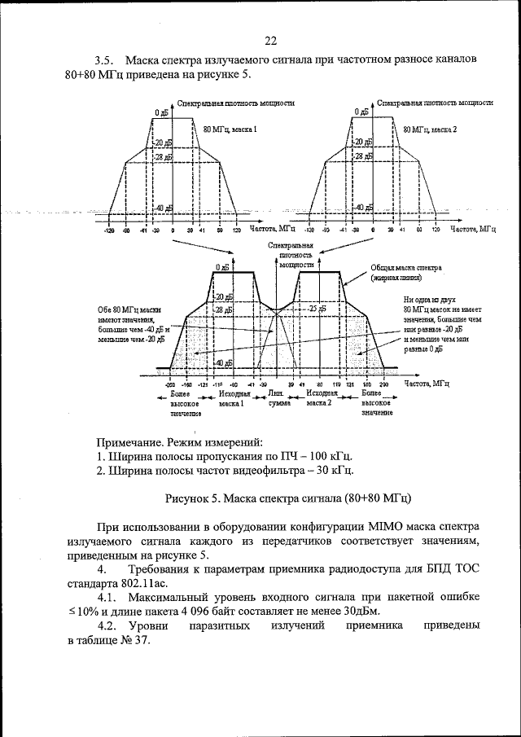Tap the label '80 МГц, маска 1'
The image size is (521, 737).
pyautogui.click(x=230, y=129)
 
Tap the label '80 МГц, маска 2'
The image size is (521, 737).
pyautogui.click(x=431, y=129)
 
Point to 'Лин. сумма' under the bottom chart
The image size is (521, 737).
pyautogui.click(x=276, y=397)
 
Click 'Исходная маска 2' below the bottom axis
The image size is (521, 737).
pyautogui.click(x=322, y=397)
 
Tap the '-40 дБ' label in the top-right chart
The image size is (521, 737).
pyautogui.click(x=361, y=208)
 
